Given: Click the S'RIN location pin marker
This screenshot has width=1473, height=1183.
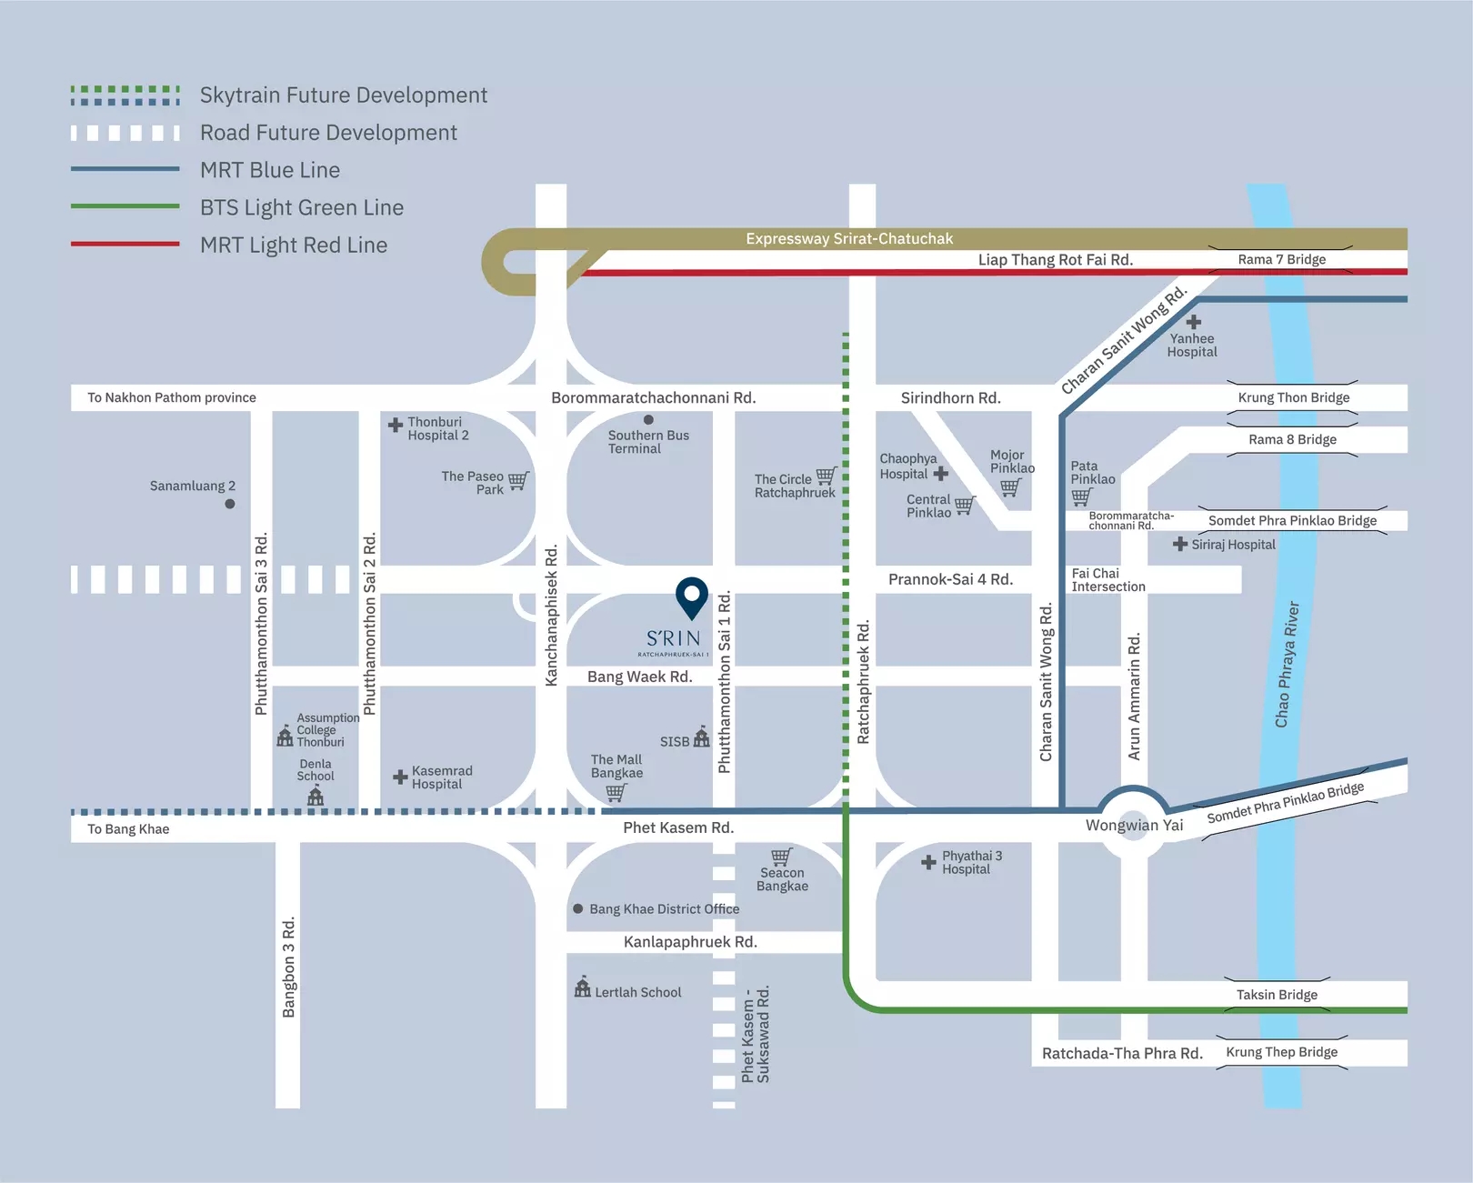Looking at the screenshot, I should [x=692, y=597].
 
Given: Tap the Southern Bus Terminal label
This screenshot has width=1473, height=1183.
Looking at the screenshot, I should [x=648, y=442].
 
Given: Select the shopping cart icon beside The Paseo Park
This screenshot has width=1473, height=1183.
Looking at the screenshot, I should [x=518, y=481].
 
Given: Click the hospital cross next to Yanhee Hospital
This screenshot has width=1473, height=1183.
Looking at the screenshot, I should [x=1194, y=322].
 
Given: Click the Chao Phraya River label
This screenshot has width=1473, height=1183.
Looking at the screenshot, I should [x=1287, y=664].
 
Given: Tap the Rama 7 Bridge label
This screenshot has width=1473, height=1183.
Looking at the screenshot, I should [x=1281, y=259].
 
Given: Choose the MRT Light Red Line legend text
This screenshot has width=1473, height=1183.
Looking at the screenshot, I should [x=294, y=246].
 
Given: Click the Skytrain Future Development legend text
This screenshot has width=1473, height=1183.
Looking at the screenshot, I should [x=344, y=95].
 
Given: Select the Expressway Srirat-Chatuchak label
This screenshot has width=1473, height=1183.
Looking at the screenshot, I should [x=849, y=239].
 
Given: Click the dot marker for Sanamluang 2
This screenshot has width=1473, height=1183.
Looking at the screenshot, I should [x=230, y=504].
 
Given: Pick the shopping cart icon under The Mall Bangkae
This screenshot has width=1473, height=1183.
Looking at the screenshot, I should [x=616, y=792].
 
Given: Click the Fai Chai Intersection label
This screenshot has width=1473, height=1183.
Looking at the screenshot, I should [x=1107, y=580].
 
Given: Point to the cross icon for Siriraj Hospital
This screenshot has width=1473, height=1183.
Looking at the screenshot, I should [x=1180, y=544].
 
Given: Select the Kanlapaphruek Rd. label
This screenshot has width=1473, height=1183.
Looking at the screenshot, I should [x=690, y=942].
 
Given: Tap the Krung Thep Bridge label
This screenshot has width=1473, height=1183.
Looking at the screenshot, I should [x=1281, y=1052].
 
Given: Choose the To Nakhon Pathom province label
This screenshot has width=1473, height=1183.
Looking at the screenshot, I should [x=172, y=397].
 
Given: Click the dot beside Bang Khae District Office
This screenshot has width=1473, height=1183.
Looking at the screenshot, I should [x=578, y=908].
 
